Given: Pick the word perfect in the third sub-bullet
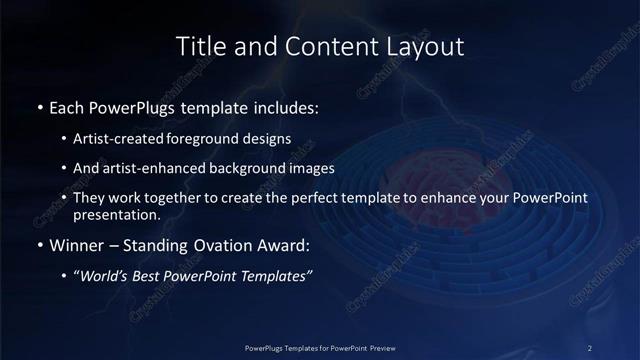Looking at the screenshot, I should [295, 198].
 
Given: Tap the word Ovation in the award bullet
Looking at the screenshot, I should [213, 245].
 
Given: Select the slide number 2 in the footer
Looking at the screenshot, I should [590, 348].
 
